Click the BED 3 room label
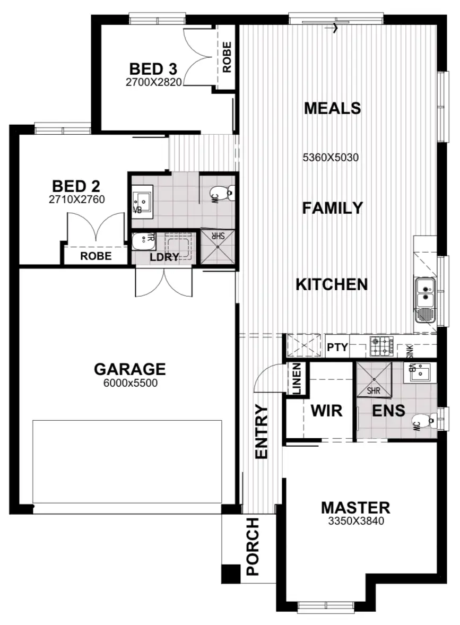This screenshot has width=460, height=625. [153, 69]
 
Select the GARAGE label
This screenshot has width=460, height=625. [129, 369]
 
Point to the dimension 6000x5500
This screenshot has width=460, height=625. [129, 384]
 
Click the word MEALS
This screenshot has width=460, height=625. [332, 108]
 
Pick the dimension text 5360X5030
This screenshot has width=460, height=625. [331, 158]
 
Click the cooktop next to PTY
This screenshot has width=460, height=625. [381, 347]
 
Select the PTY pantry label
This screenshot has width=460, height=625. [337, 348]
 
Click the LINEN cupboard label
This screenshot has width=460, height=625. [296, 379]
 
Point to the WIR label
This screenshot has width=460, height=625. [326, 411]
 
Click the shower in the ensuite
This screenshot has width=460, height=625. [374, 379]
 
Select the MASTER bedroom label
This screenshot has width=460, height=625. [355, 508]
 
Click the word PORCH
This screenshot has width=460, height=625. [253, 546]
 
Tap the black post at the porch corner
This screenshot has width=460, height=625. [230, 574]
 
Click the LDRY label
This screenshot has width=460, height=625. [163, 257]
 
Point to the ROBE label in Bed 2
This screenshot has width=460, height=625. [96, 256]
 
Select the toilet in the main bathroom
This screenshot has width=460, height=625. [221, 194]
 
